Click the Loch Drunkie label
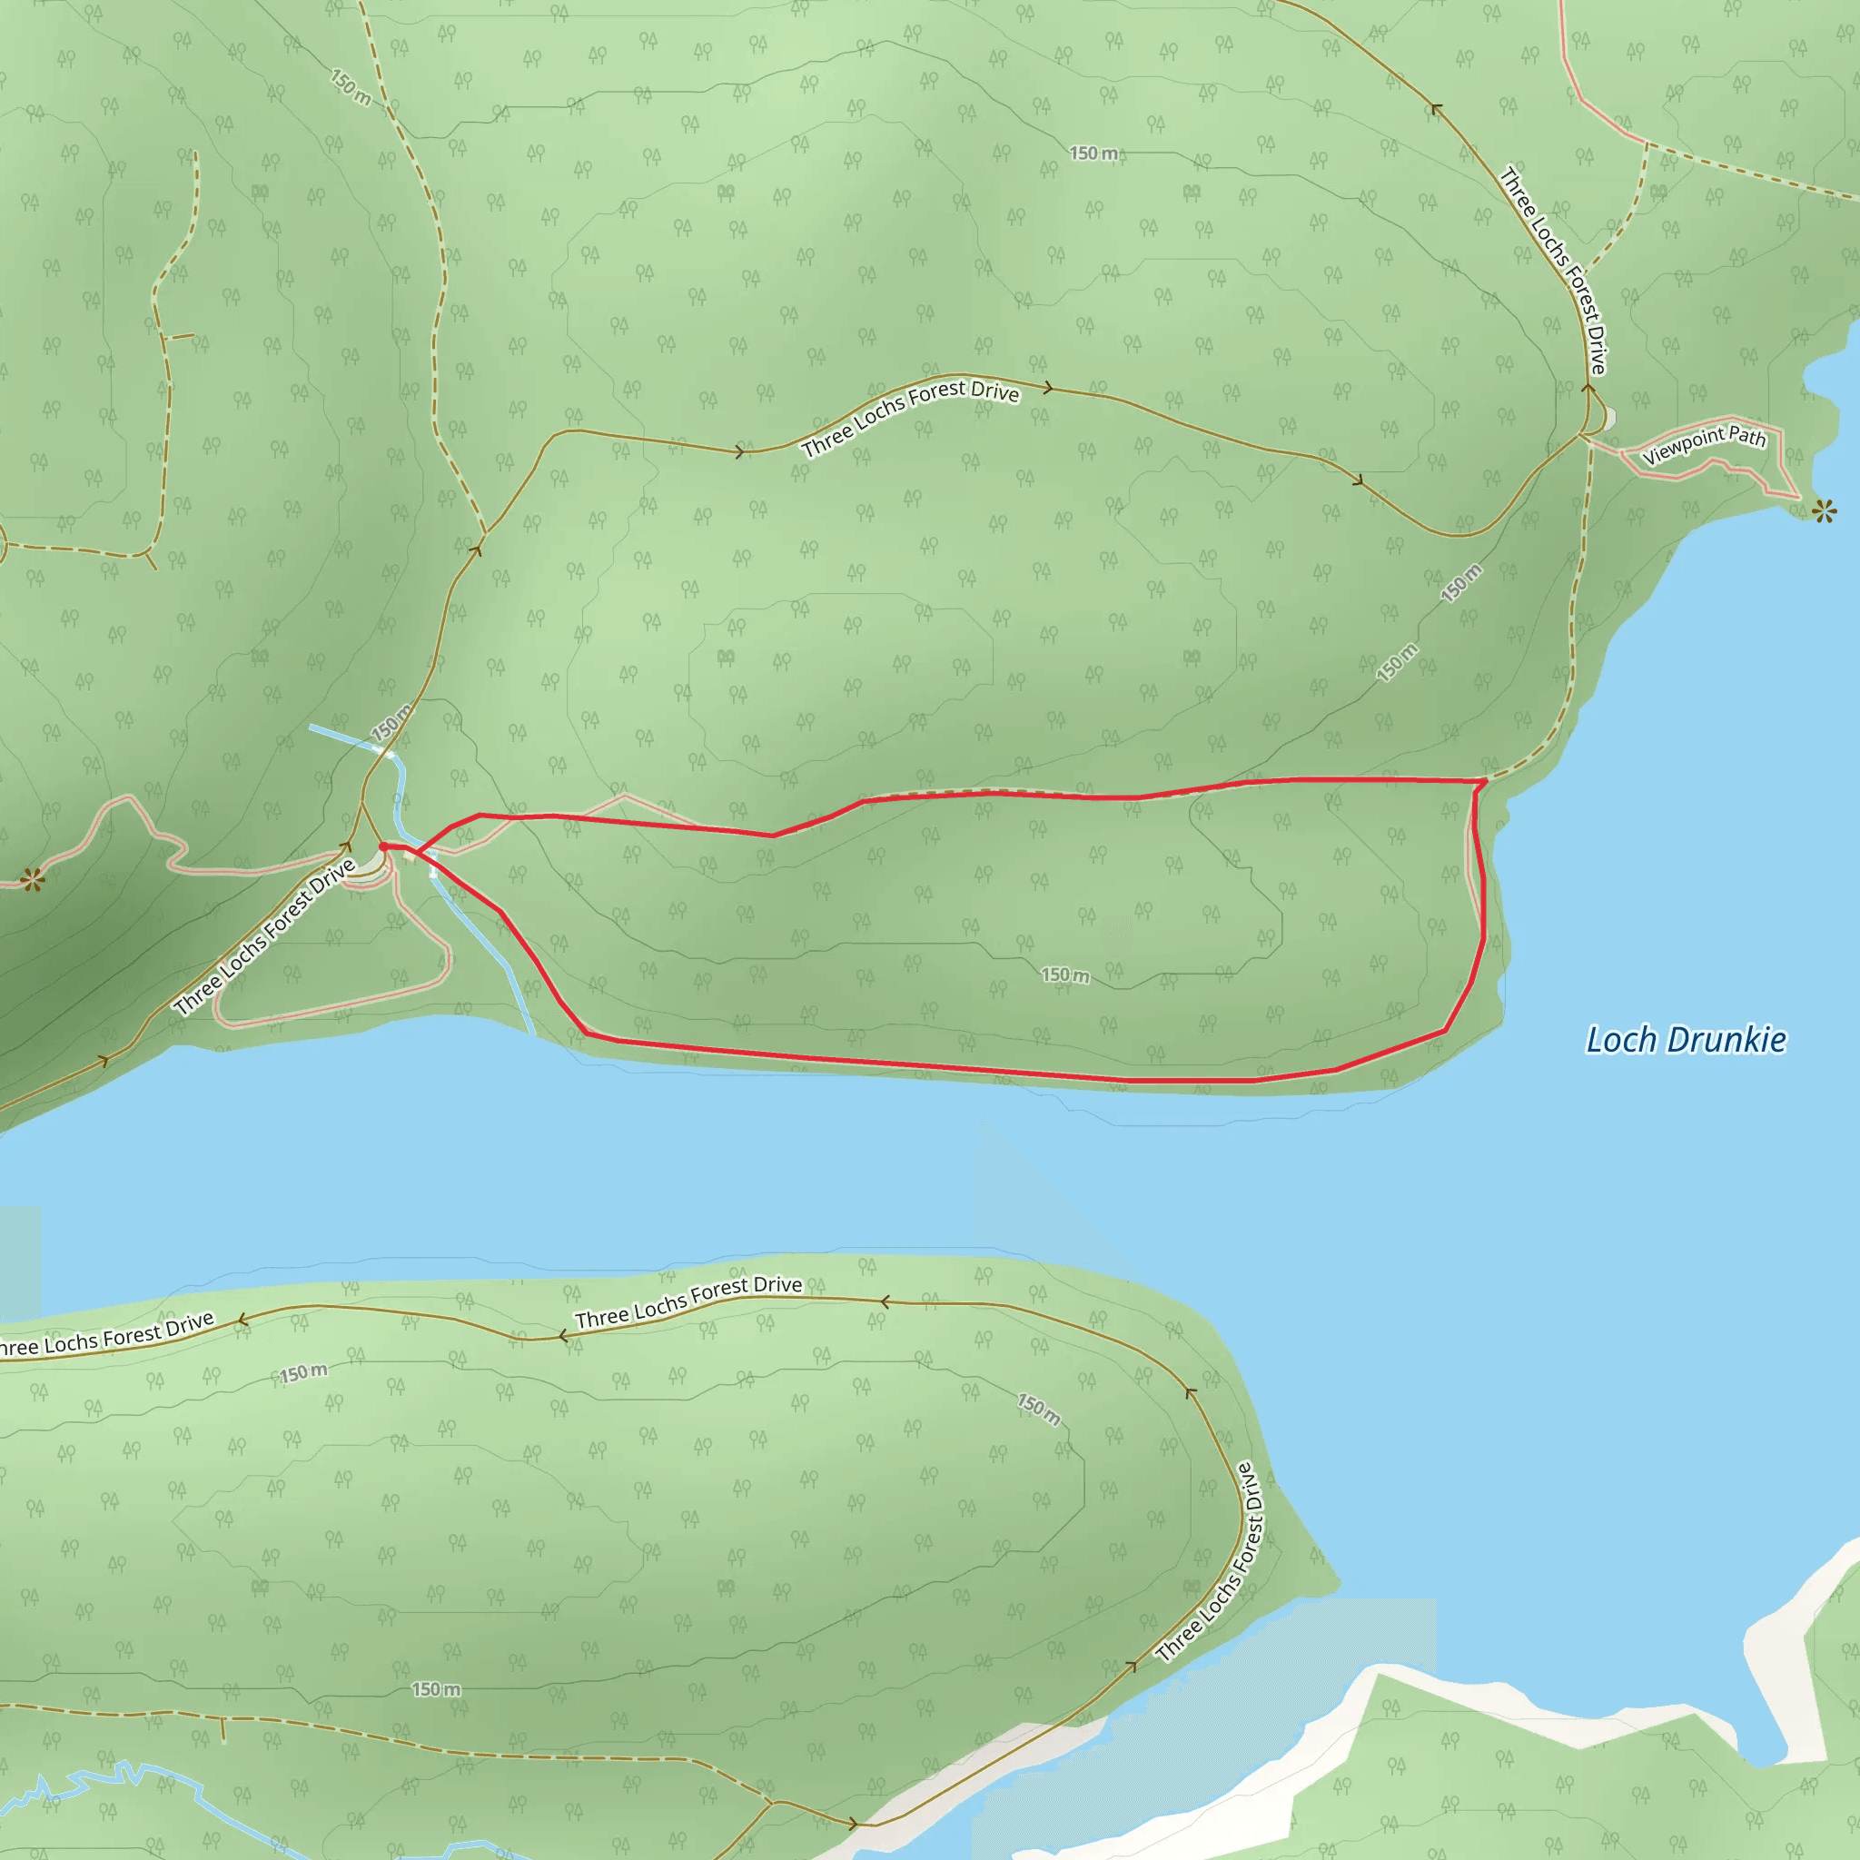(x=1686, y=1041)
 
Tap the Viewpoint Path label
(x=1704, y=444)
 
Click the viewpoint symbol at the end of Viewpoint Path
(x=1824, y=511)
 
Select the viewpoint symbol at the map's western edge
(x=33, y=878)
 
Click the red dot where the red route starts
(x=383, y=846)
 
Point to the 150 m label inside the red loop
(x=1065, y=975)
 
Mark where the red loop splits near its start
(x=418, y=851)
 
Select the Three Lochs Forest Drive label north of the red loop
(x=910, y=416)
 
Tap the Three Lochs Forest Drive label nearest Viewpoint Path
(x=1553, y=271)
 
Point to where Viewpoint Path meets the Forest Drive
(x=1582, y=435)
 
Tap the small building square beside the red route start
(x=433, y=855)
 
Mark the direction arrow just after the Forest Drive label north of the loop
(x=1048, y=388)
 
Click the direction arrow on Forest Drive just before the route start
(x=346, y=847)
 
